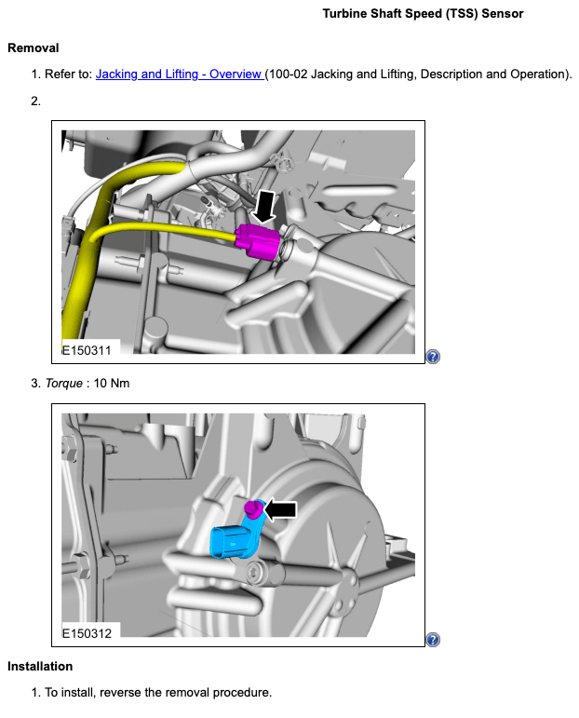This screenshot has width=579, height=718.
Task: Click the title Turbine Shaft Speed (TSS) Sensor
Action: pos(423,14)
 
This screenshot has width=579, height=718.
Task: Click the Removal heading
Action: pos(33,47)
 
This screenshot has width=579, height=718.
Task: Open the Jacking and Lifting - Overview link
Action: pos(180,74)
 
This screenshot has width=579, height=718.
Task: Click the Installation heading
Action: pos(40,666)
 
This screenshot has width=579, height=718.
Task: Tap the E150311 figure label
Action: pos(87,351)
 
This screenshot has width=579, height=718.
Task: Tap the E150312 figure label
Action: pos(87,633)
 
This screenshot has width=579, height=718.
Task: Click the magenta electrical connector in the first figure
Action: pos(260,242)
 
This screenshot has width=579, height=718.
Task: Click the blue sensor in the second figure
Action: pos(232,539)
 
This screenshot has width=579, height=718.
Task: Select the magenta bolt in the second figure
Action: pos(250,508)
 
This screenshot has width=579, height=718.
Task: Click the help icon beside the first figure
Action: pos(433,357)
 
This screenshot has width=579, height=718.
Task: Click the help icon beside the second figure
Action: pos(433,639)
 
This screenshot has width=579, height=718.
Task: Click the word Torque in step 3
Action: pos(63,383)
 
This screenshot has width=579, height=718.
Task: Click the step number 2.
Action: pos(35,100)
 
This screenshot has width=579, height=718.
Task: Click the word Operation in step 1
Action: pos(539,74)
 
